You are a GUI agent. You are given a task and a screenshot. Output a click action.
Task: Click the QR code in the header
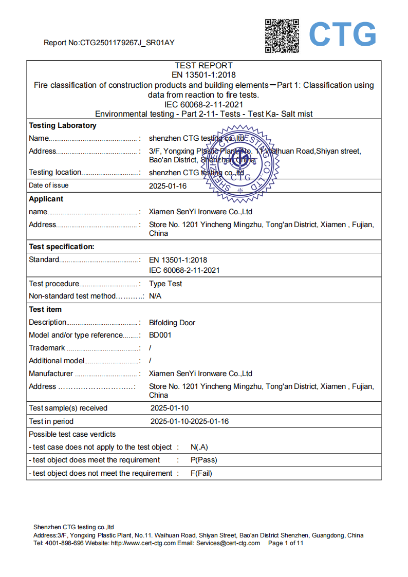click(282, 35)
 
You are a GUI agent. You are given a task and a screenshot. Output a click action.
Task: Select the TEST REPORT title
click(203, 65)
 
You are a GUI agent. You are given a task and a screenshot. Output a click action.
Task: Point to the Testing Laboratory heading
click(62, 125)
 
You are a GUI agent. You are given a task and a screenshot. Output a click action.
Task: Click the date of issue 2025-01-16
click(168, 185)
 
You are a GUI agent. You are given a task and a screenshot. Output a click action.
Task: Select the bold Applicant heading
click(46, 199)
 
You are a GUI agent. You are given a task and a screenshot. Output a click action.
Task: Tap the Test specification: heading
click(61, 247)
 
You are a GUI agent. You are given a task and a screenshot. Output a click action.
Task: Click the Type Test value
click(165, 284)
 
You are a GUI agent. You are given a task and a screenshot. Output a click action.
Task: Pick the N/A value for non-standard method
click(155, 296)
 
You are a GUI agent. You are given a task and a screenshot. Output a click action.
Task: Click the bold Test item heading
click(45, 309)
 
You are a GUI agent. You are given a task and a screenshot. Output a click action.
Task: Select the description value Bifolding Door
click(172, 323)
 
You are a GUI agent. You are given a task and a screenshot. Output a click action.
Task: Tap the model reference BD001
click(160, 335)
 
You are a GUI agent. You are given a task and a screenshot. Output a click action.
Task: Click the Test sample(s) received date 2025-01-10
click(169, 408)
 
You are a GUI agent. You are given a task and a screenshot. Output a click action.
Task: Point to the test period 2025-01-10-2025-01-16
click(189, 421)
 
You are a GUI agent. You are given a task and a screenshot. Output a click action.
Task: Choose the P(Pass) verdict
click(203, 460)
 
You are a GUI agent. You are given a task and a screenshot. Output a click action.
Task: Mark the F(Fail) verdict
click(201, 473)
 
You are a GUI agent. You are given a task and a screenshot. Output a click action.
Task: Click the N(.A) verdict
click(199, 447)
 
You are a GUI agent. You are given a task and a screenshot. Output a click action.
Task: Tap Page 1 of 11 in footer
click(286, 543)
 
